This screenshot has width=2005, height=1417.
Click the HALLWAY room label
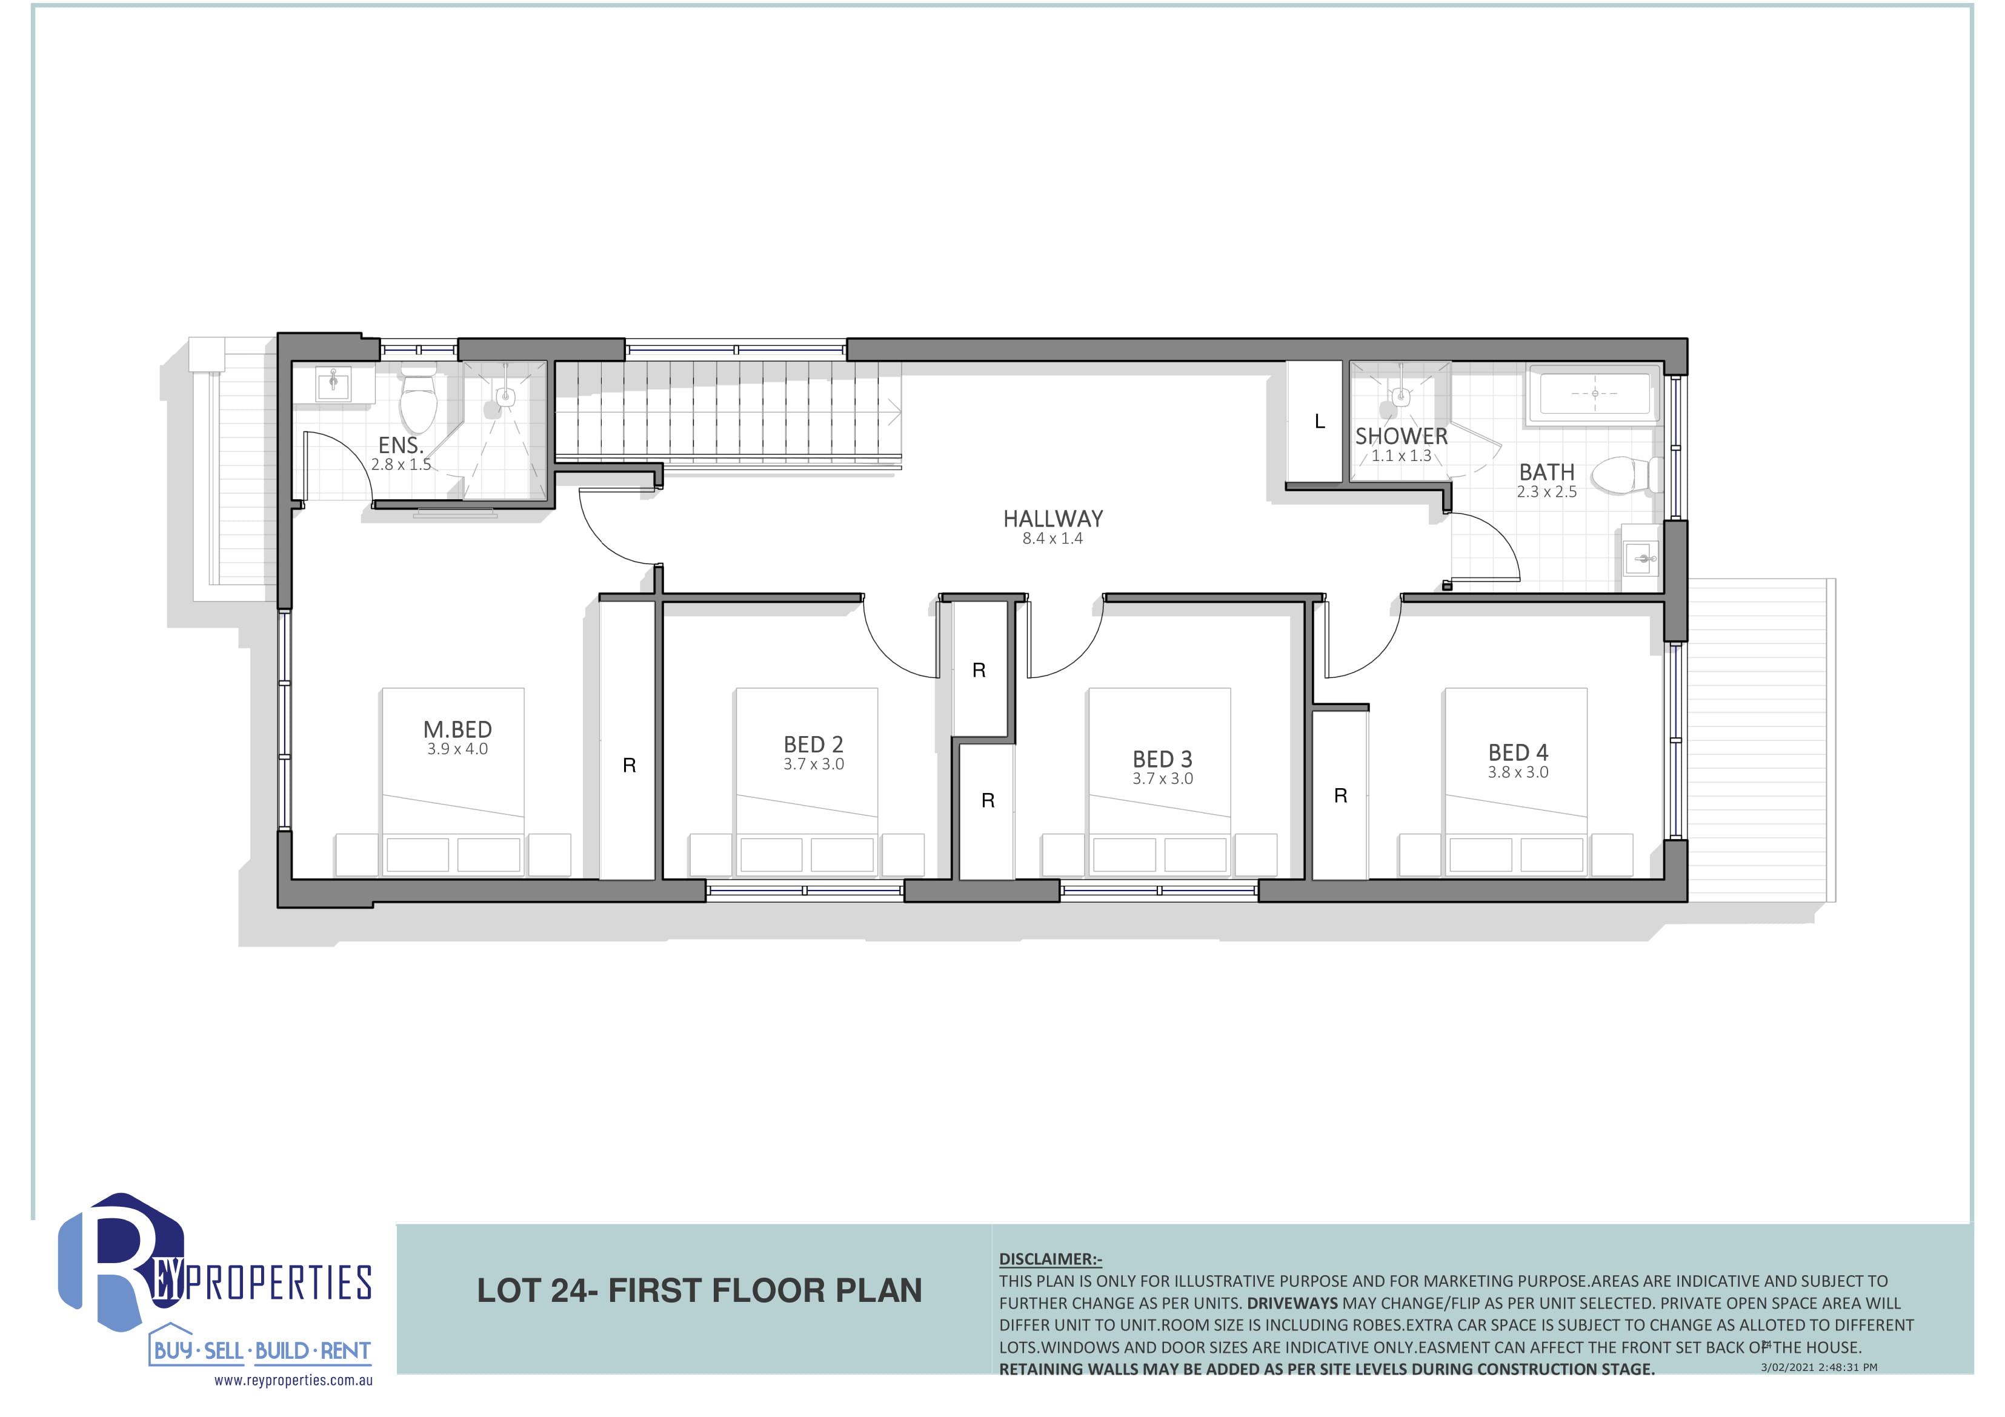(1052, 519)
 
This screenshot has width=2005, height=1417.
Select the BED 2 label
(813, 744)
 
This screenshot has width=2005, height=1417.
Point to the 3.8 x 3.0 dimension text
(1518, 772)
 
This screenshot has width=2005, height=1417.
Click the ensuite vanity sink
(334, 383)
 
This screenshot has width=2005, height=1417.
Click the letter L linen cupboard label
(1320, 422)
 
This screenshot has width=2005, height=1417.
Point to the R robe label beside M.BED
(629, 766)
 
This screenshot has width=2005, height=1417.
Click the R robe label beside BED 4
(1340, 795)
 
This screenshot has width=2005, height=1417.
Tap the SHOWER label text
(1401, 436)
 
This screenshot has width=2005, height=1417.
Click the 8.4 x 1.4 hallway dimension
(1052, 539)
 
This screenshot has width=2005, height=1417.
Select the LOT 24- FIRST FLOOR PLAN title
(699, 1290)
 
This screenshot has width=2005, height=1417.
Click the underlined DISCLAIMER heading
(1051, 1259)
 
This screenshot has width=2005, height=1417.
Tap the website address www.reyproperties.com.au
(293, 1380)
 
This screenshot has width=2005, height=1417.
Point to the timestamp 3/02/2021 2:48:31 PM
(1819, 1367)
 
